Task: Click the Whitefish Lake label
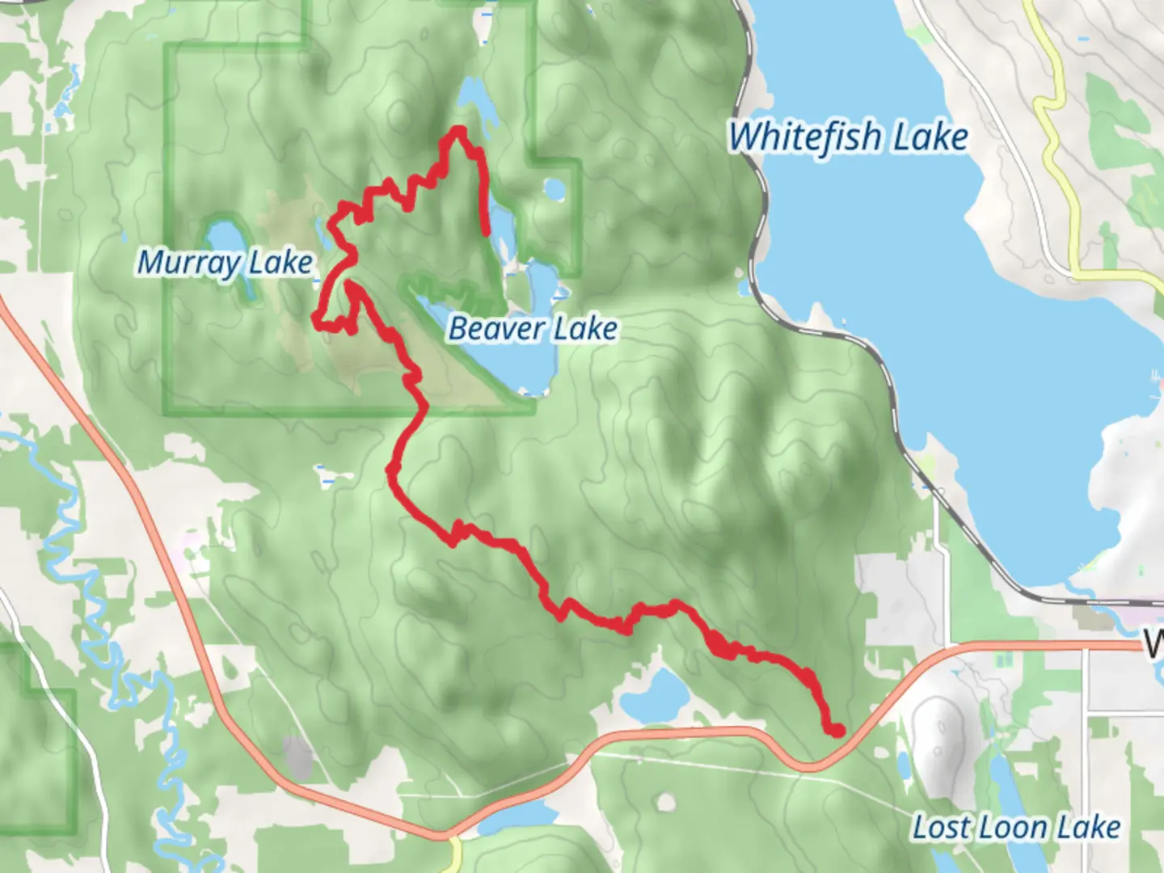point(848,137)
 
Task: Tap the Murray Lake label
point(225,263)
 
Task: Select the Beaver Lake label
point(533,329)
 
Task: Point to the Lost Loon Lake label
point(1016,827)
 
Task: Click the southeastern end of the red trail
point(837,731)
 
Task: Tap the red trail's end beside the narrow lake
point(486,232)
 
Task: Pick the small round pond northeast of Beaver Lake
point(555,190)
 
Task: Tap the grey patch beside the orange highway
point(297,757)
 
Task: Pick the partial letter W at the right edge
point(1154,644)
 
